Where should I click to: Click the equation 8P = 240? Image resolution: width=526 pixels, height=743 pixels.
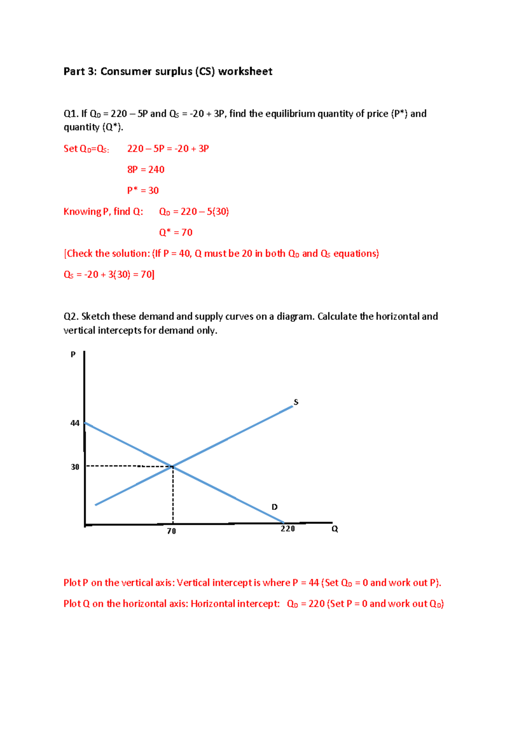[146, 170]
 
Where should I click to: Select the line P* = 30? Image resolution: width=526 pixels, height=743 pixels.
[143, 191]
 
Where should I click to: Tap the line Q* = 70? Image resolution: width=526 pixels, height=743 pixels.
[175, 233]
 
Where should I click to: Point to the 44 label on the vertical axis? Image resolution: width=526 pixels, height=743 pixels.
[75, 423]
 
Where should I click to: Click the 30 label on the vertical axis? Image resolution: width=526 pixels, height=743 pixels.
[75, 467]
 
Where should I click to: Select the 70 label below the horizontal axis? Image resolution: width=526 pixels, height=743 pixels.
[171, 531]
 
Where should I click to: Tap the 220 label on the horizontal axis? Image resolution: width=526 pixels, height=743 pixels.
[288, 529]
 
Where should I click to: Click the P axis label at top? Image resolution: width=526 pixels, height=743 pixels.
[73, 354]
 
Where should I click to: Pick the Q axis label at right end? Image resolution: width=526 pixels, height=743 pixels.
[334, 529]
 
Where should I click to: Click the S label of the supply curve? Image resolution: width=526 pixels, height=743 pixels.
[296, 402]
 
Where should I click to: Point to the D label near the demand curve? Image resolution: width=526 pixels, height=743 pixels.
[274, 507]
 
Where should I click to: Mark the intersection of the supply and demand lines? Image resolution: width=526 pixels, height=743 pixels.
[173, 467]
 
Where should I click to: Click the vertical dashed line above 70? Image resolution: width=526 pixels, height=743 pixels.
[173, 495]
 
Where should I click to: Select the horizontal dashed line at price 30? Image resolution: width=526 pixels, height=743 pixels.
[127, 466]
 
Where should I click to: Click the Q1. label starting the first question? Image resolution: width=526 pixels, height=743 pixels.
[71, 114]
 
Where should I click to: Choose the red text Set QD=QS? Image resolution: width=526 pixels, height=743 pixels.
[86, 149]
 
